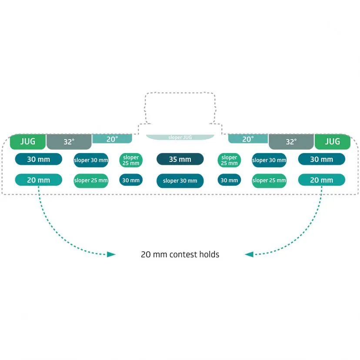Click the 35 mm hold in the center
tap(180, 159)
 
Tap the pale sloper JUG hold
tap(180, 137)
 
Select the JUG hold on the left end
tap(28, 141)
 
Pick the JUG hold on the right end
tap(333, 141)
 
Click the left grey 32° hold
tap(69, 142)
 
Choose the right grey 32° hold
tap(291, 142)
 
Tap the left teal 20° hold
tap(112, 139)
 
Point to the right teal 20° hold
tap(248, 139)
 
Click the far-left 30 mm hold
tap(39, 159)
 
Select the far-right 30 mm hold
tap(322, 159)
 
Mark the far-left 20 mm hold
tap(39, 180)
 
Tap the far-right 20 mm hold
tap(322, 180)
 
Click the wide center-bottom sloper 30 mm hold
tap(180, 180)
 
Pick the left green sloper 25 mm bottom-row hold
tap(91, 180)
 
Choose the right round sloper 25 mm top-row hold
tap(229, 160)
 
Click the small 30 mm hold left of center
tap(131, 180)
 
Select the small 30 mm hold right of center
tap(229, 180)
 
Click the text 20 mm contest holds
tap(180, 255)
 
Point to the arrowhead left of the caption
tap(112, 254)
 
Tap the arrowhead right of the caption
tap(249, 254)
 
